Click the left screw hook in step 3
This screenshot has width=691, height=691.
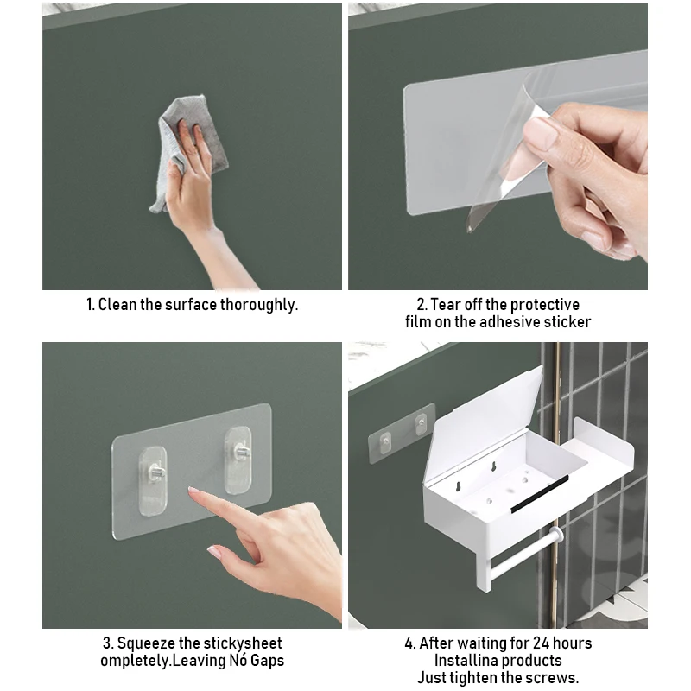(x=153, y=480)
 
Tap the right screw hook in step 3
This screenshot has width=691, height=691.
(x=238, y=460)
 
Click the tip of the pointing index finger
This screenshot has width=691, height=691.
(x=190, y=490)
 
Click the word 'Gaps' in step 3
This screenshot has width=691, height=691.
(x=268, y=661)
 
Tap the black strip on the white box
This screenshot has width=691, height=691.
(x=539, y=493)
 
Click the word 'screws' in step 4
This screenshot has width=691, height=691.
(x=551, y=678)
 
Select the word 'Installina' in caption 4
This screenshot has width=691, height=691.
(x=466, y=661)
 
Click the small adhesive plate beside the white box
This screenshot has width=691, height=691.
(x=401, y=433)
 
